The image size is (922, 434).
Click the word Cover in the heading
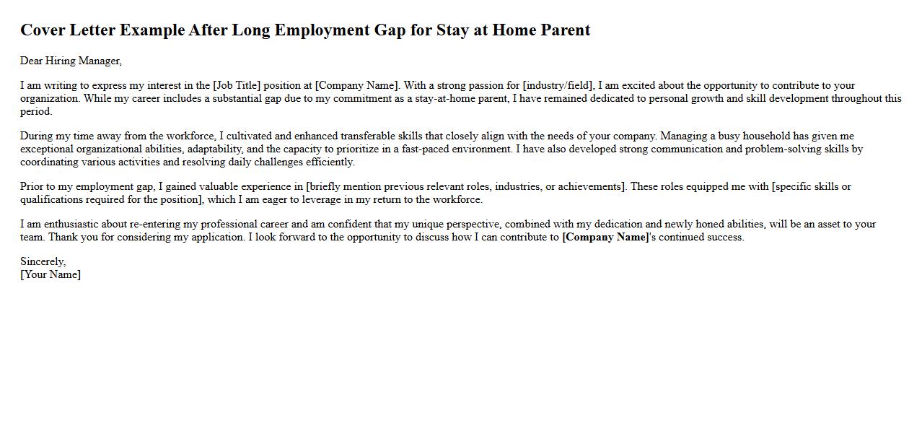43,30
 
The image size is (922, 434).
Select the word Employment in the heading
321,30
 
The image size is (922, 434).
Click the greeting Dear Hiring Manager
71,61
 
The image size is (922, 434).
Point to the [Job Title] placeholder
237,86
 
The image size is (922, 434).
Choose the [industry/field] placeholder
558,86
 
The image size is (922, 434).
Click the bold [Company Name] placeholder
605,238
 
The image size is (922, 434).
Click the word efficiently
329,162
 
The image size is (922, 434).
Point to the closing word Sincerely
43,262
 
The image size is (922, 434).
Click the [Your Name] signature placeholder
51,275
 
